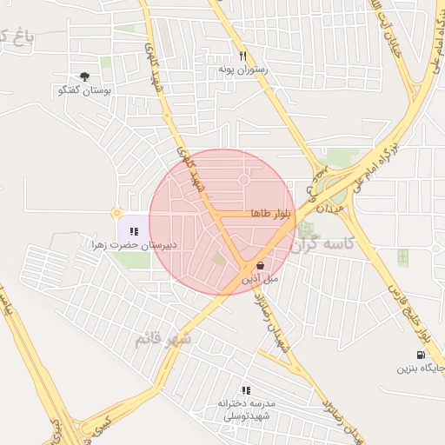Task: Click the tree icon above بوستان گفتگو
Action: pos(84,77)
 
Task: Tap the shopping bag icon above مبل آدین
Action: pos(261,264)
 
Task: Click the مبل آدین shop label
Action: pos(261,279)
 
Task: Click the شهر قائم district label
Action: pos(163,339)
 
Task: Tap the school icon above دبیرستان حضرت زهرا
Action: pos(134,231)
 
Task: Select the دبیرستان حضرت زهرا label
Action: pos(135,245)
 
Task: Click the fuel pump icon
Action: pos(422,355)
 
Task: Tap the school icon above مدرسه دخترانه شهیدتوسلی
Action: pos(245,390)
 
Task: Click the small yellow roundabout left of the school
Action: pos(116,212)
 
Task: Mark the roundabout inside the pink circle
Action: pos(244,181)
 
